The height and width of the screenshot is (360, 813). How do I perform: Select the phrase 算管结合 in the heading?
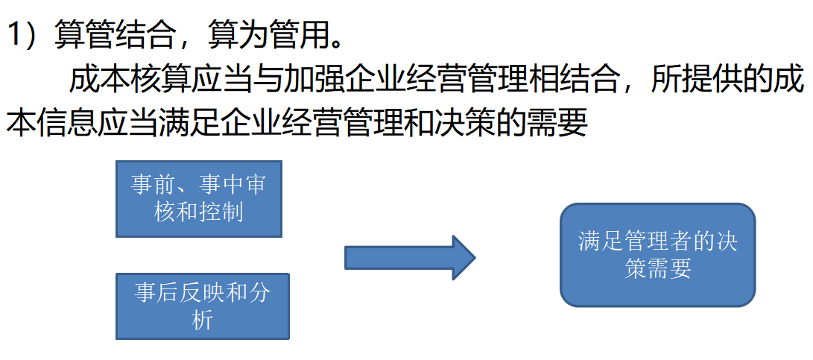coord(115,35)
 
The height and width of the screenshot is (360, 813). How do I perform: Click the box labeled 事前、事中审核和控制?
coord(199,198)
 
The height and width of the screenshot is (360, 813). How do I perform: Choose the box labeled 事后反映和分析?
coord(202,306)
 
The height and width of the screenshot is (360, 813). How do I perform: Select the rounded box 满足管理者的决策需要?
coord(657,255)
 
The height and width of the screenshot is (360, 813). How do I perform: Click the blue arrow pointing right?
coord(409,258)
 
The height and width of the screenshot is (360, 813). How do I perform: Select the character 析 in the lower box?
coord(202,320)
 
